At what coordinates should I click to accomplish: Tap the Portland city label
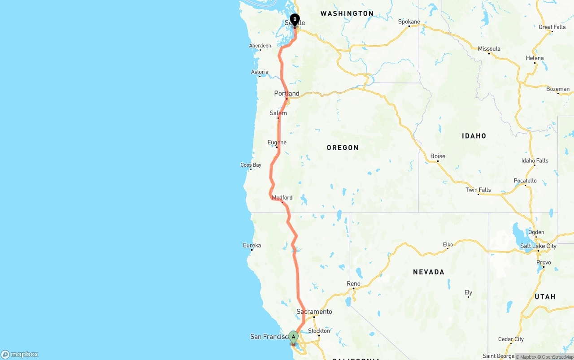pos(287,93)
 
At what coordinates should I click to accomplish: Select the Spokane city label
pos(409,22)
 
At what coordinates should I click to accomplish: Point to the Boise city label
pos(438,156)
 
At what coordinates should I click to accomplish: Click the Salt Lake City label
pos(538,246)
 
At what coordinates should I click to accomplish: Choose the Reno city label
pos(353,284)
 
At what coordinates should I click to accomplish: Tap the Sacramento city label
pos(314,312)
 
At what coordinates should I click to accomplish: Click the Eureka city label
pos(252,245)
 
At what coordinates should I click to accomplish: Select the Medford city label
pos(282,197)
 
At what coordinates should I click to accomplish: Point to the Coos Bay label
pos(251,165)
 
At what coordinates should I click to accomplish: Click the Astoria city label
pos(260,72)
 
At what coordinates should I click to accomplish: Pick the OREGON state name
pos(343,147)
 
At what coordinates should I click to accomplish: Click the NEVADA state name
pos(428,272)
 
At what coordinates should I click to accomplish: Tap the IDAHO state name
pos(474,136)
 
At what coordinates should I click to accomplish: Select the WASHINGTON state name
pos(347,13)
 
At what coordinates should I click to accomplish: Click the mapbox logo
pos(20,354)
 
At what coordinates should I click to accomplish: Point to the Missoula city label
pos(489,48)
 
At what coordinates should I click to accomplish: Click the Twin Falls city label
pos(478,190)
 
